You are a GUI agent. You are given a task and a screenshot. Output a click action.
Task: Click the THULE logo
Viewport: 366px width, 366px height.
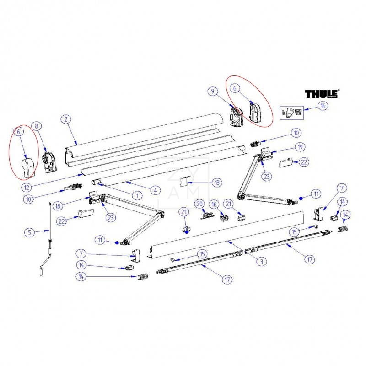pyautogui.click(x=322, y=94)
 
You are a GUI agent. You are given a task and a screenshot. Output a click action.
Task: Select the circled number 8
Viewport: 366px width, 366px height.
pyautogui.click(x=37, y=125)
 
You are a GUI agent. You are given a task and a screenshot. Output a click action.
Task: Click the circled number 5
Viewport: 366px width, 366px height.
pyautogui.click(x=29, y=232)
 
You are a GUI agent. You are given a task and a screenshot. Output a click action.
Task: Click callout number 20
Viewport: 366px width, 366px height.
pyautogui.click(x=199, y=203)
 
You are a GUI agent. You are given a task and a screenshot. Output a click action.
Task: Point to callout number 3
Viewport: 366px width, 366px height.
pyautogui.click(x=261, y=261)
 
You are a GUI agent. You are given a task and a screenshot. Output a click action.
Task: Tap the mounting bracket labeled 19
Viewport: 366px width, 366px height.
pyautogui.click(x=266, y=151)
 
